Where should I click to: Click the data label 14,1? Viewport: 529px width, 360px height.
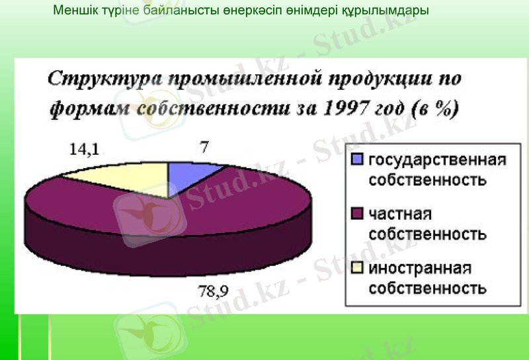pos(84,150)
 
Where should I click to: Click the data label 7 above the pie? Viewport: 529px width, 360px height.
pos(204,146)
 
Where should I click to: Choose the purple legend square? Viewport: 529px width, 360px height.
pos(358,214)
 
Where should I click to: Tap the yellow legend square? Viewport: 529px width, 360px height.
pos(358,267)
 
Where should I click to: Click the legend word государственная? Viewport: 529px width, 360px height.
pos(436,159)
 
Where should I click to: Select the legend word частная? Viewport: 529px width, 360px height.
pos(400,214)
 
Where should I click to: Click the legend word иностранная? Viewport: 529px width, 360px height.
pos(419,268)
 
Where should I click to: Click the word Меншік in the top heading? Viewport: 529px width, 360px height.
pos(73,11)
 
